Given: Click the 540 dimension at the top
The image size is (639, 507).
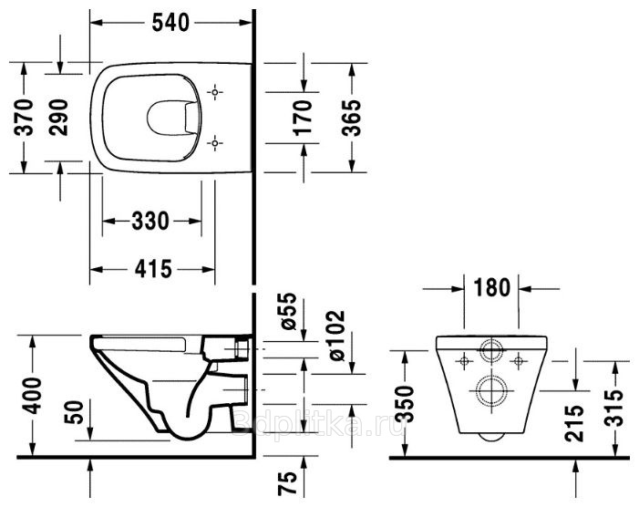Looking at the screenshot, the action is (x=170, y=23).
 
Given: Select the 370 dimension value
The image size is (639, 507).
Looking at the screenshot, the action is (x=23, y=117).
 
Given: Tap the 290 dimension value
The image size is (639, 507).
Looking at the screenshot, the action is (x=57, y=117).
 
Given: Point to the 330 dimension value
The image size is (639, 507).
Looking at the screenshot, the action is (x=150, y=221).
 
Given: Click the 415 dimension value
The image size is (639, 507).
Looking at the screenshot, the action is (x=153, y=269).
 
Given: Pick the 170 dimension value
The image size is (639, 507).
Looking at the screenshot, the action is (x=303, y=118).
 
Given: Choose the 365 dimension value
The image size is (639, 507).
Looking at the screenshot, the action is (x=351, y=118).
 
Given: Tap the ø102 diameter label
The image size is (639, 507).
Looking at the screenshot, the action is (x=335, y=336).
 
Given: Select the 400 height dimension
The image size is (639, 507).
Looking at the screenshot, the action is (x=31, y=396).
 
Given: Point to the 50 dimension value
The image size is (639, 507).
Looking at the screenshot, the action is (x=74, y=411).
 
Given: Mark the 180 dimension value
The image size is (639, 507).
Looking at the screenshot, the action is (x=492, y=287).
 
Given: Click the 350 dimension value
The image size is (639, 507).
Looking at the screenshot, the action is (x=405, y=404).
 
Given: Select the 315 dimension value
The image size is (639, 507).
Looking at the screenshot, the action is (x=614, y=408).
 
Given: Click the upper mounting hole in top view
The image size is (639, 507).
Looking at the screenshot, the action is (x=215, y=92).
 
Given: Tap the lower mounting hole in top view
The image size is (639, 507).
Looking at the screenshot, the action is (x=215, y=143).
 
